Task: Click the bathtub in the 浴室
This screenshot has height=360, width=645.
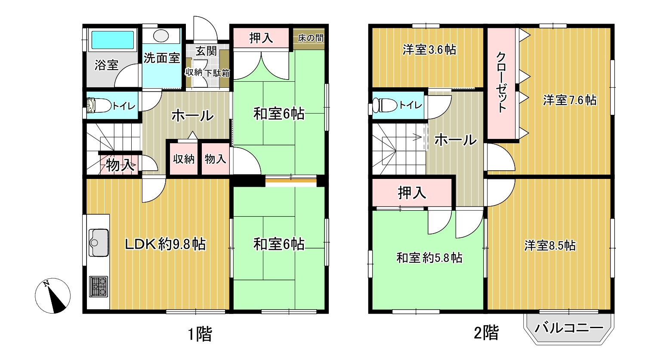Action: coord(112,40)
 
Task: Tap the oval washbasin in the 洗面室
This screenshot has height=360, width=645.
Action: coord(161,36)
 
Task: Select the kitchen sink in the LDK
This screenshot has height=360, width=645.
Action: coord(99,242)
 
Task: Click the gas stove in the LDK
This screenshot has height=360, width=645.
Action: coord(99,286)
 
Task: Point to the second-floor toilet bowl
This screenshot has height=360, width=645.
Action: coord(384,105)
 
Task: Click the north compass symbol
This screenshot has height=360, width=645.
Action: coord(52,296)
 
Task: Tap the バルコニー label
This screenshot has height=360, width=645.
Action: coord(569,328)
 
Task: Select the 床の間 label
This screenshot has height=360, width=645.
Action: coord(310,38)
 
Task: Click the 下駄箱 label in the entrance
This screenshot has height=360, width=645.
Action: coord(217,73)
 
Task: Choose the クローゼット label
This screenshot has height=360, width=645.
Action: coord(501,82)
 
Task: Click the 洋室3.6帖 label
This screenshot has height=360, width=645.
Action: coord(429,50)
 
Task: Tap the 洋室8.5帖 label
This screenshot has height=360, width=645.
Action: coord(550,246)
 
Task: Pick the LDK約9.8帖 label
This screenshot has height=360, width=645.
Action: coord(165,244)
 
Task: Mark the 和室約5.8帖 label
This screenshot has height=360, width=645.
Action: coord(429,258)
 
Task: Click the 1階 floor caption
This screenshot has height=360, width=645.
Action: coord(200,334)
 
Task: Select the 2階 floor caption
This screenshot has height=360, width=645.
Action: coord(486,333)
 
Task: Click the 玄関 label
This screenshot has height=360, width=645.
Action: coord(206,51)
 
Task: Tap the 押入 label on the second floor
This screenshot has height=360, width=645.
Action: coord(412,193)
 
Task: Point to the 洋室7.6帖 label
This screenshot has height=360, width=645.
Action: coord(570,100)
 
